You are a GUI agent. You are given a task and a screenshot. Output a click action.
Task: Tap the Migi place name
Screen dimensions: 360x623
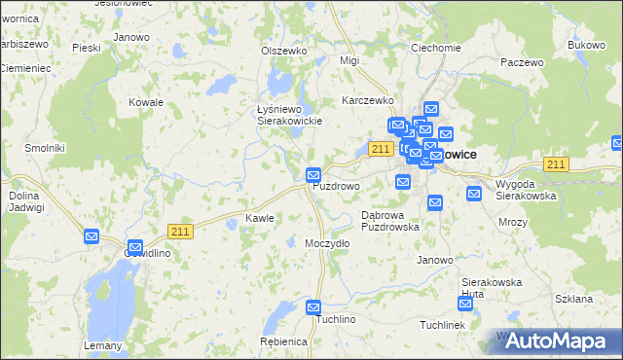(349, 60)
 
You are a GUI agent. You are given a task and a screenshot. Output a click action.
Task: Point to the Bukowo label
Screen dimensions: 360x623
(587, 45)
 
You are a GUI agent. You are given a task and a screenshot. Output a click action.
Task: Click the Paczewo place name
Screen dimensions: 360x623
(522, 61)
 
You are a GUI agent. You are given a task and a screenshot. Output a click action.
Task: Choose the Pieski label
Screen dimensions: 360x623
(87, 46)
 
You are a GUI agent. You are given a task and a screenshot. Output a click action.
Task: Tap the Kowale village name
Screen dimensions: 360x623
(146, 101)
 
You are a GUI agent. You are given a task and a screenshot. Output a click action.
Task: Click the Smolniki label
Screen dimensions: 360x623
(18, 147)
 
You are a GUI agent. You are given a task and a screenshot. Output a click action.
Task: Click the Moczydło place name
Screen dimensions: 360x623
(327, 242)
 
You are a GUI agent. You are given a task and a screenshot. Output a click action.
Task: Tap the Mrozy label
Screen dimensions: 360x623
(512, 222)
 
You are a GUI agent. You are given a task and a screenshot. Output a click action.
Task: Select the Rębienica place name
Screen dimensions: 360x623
(284, 342)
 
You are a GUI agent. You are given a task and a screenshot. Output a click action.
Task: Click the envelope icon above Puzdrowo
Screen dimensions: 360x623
(313, 174)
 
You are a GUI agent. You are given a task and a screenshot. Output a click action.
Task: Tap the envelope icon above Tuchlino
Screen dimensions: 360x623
(313, 307)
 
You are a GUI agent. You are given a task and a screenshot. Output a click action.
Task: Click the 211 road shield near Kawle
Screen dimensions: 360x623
(179, 230)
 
